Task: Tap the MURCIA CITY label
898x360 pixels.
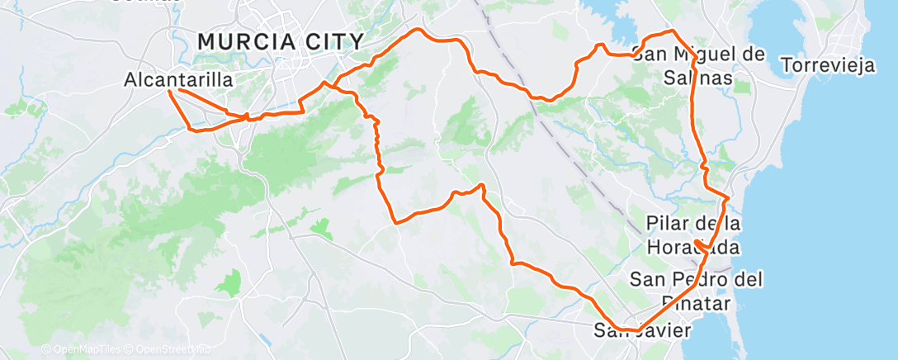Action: [281, 41]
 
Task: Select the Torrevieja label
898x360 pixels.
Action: [827, 65]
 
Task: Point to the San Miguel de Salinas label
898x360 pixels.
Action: [698, 66]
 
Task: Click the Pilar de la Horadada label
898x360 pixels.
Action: [693, 235]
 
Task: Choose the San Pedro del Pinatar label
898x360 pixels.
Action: [695, 291]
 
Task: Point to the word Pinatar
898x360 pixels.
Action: [697, 304]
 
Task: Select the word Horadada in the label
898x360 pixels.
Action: [692, 247]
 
